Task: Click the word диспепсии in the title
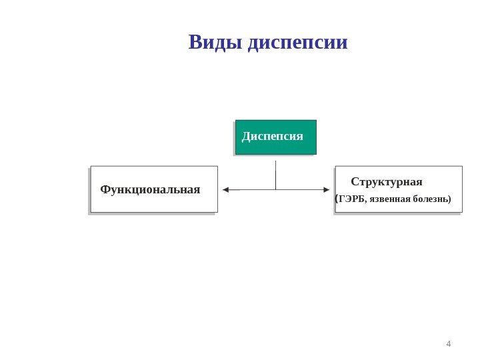297,43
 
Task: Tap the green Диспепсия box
275,137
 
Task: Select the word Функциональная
150,189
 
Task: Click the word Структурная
387,182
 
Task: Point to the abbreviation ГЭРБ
351,199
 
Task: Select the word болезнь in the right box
431,199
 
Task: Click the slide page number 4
448,344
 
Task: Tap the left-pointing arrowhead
226,190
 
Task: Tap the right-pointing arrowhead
326,190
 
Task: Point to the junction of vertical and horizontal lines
275,190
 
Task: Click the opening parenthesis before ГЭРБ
336,198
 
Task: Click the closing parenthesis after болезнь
450,199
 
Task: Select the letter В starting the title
195,43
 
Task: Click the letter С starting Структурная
355,182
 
